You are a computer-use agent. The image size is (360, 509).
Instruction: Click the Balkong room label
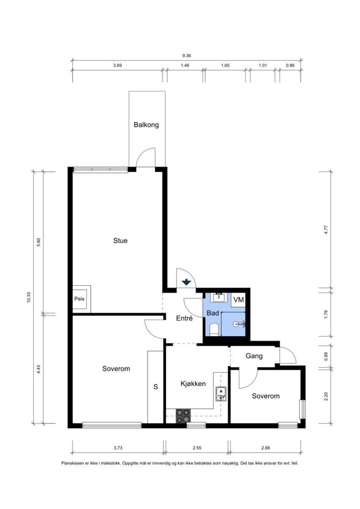146,125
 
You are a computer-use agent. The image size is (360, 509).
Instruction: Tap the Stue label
120,241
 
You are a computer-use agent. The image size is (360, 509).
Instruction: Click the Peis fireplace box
79,299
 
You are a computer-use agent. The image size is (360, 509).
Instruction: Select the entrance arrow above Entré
186,282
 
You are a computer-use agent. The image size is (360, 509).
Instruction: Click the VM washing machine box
238,300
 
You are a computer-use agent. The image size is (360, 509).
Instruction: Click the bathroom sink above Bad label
219,297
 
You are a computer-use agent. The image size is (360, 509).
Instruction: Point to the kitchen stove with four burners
183,416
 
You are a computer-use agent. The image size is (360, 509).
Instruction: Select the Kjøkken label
193,384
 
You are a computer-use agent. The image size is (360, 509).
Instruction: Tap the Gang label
254,356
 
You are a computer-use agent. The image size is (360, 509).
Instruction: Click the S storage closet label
155,387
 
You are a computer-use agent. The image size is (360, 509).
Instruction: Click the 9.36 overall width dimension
186,55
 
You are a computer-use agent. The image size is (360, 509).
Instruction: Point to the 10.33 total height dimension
29,297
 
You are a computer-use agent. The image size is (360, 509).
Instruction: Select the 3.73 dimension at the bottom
118,448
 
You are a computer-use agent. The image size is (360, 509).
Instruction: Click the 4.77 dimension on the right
326,230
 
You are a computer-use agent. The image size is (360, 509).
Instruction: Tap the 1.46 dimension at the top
185,66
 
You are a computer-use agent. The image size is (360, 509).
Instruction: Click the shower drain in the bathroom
235,324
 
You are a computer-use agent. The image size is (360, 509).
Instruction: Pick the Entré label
184,318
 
